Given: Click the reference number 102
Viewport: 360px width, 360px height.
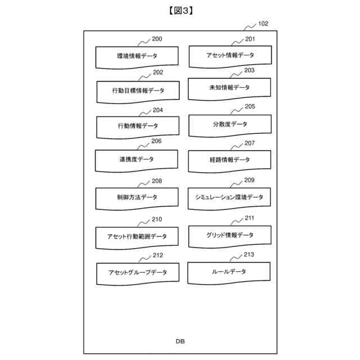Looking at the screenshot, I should pyautogui.click(x=263, y=24).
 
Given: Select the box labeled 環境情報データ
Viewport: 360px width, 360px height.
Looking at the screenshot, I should pyautogui.click(x=137, y=56).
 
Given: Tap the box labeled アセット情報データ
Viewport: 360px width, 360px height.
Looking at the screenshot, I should pyautogui.click(x=229, y=55).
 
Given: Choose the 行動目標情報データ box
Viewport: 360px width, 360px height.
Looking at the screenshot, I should pyautogui.click(x=138, y=91).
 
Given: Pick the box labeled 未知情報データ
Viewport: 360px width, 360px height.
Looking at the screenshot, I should pyautogui.click(x=229, y=88).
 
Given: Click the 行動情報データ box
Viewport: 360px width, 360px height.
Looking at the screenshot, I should pyautogui.click(x=138, y=126).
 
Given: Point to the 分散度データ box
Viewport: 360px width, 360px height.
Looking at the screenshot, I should pyautogui.click(x=229, y=124).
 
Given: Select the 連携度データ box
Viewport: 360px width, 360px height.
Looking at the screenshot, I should pyautogui.click(x=137, y=160).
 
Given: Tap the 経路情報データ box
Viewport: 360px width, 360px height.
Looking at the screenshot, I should pyautogui.click(x=229, y=160).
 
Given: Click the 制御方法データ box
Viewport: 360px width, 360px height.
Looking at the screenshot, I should pyautogui.click(x=137, y=197).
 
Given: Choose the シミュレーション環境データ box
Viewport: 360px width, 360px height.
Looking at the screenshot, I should pyautogui.click(x=229, y=197).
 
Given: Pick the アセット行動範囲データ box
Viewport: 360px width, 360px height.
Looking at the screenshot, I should pyautogui.click(x=137, y=236).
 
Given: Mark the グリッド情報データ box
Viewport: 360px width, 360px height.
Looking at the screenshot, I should pyautogui.click(x=229, y=235).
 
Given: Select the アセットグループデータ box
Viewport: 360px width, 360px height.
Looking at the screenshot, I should pyautogui.click(x=138, y=272).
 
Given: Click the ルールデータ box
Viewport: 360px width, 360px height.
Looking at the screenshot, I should pyautogui.click(x=229, y=272).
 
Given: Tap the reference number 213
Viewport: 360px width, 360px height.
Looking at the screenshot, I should pyautogui.click(x=249, y=255).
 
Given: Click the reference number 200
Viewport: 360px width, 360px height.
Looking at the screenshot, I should pyautogui.click(x=157, y=39).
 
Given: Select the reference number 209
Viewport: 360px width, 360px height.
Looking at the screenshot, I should pyautogui.click(x=249, y=180).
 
